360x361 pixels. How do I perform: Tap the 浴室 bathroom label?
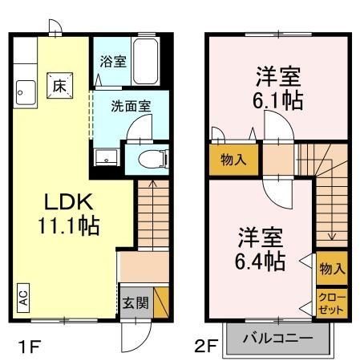coord(113,62)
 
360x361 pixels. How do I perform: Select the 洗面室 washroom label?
coord(127,104)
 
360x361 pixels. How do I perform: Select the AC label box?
coord(23,298)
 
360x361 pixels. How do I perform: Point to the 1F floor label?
coord(29,347)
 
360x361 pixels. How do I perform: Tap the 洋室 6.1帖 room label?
coord(278,88)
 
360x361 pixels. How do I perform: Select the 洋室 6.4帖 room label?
coord(261,249)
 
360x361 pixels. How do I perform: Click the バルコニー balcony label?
coord(277,338)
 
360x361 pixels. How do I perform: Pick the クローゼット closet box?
coord(331,303)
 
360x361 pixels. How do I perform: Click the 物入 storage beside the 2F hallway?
coord(233,159)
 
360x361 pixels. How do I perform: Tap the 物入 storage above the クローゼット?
coord(330,267)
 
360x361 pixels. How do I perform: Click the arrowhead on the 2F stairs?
coord(330,237)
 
